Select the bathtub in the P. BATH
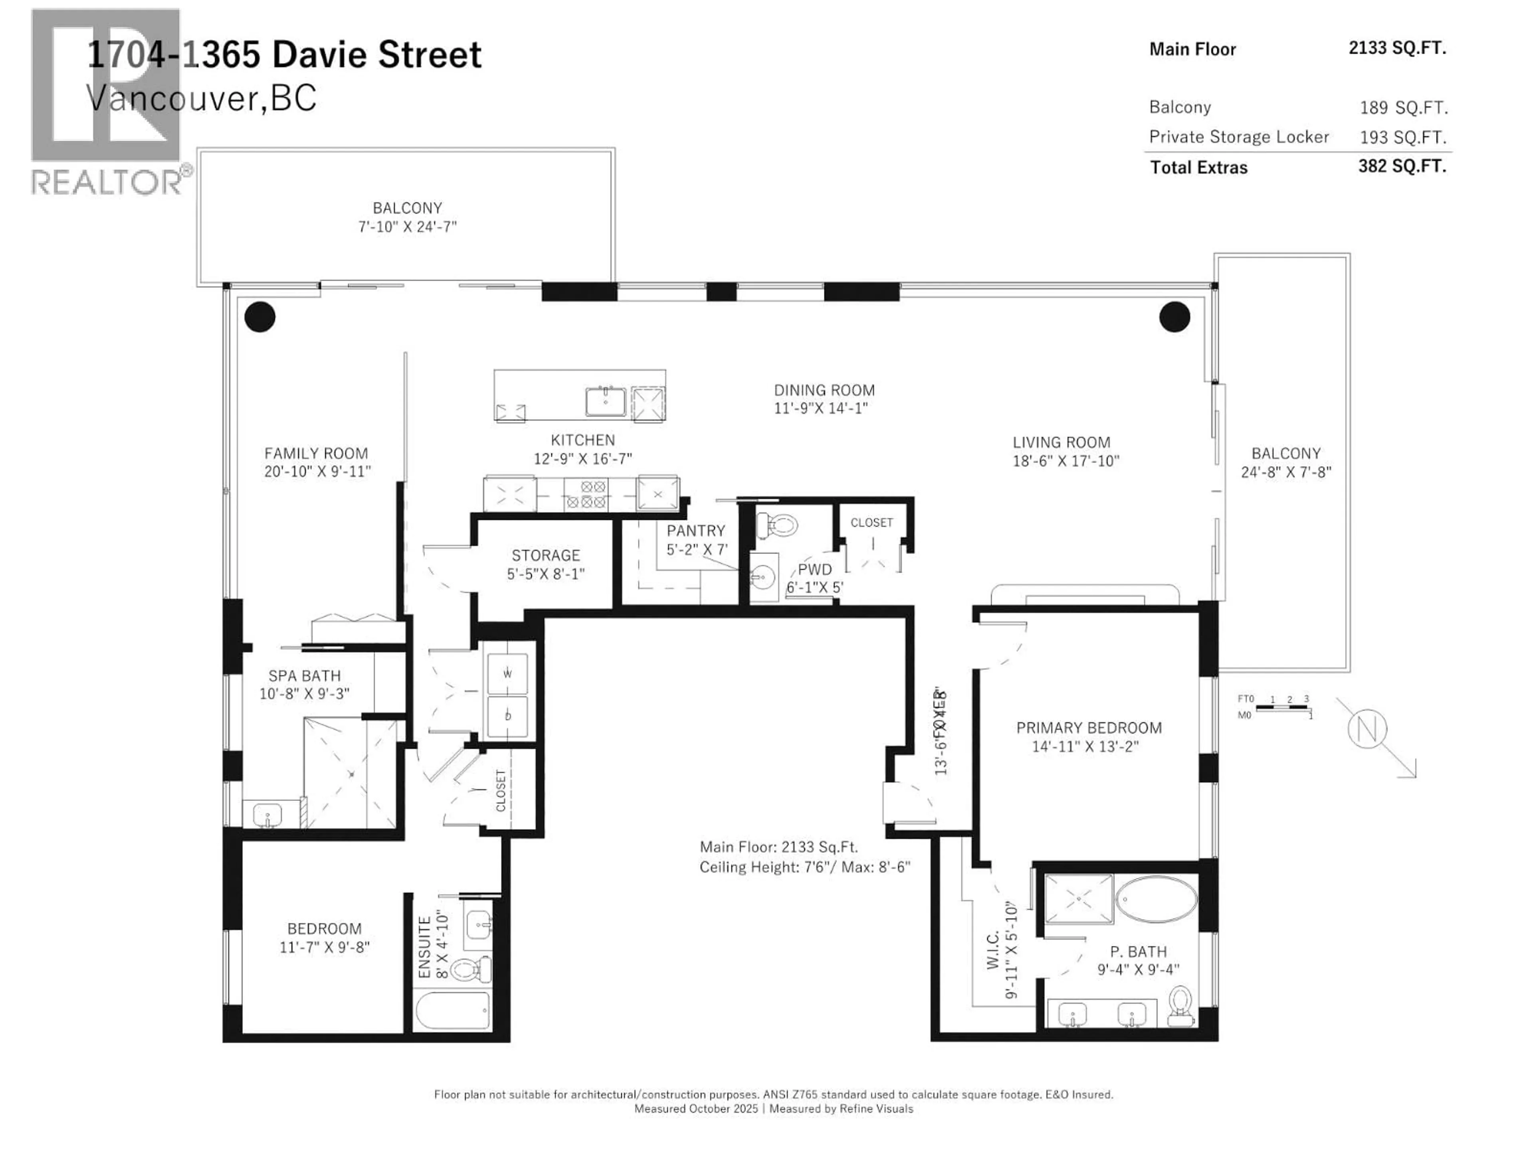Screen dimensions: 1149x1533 1156,899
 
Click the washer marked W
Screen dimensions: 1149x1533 507,673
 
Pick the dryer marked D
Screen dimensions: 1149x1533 507,716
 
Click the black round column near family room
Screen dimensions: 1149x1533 260,317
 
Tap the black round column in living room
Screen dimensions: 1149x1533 1175,317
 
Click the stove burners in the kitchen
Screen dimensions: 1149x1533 586,494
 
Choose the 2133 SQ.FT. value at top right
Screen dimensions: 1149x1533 1397,48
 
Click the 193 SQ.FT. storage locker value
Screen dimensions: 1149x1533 1403,137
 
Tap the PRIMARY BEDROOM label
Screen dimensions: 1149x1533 1089,728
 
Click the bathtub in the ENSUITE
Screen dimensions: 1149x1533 453,1012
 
